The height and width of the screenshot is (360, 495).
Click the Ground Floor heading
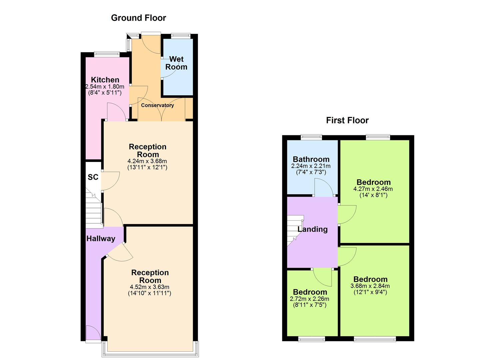click(138, 18)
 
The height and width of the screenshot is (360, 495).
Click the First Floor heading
click(347, 120)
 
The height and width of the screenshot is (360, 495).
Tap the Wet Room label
click(176, 63)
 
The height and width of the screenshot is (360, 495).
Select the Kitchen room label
click(105, 80)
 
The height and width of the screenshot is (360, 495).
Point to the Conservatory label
click(157, 105)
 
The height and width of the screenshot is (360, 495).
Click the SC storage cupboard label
click(93, 177)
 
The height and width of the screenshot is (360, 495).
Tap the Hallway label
click(101, 238)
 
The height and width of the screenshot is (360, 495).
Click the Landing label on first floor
click(312, 229)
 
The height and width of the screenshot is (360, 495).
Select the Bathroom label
click(311, 159)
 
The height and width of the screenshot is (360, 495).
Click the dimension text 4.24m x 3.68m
click(147, 161)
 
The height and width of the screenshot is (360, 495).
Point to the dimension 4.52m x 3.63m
click(149, 287)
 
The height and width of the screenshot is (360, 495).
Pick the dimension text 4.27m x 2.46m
click(373, 189)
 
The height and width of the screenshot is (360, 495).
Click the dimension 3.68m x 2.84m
click(370, 286)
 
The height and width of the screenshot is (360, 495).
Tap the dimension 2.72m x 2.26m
click(309, 299)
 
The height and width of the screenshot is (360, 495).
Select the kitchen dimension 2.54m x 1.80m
click(105, 87)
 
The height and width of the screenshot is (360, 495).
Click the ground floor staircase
click(93, 210)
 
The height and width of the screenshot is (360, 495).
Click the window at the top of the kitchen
click(107, 53)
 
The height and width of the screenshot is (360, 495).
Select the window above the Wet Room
click(181, 35)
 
